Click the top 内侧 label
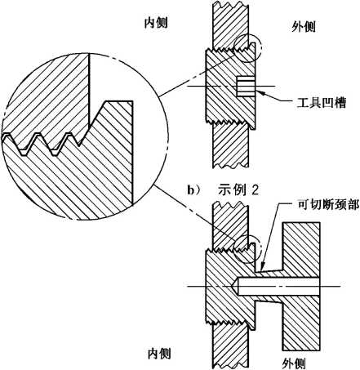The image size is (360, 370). point(156,23)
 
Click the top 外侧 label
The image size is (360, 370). point(304,27)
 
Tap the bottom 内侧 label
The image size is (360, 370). point(159,354)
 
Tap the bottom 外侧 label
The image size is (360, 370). point(294,363)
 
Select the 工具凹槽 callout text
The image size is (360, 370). point(321,103)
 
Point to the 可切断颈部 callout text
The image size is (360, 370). point(327,204)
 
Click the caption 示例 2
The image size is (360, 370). point(238,190)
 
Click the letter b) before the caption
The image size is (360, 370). point(194,190)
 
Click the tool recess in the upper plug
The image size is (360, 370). point(245,87)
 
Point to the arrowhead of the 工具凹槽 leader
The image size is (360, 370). point(260,92)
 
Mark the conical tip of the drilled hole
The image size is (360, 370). point(235,286)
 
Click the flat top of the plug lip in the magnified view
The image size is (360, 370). point(119,101)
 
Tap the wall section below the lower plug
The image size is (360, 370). point(230,346)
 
